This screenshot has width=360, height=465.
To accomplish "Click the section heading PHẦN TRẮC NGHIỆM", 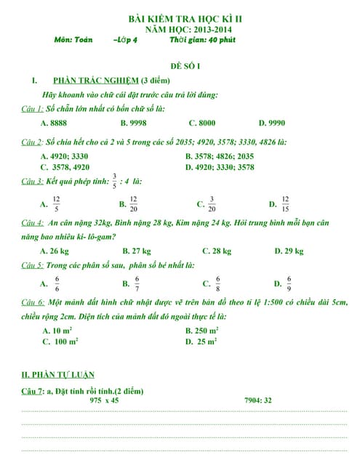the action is coord(95,80).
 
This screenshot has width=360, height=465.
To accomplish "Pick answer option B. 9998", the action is coord(133,124).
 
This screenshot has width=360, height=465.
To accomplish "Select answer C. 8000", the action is coord(201,124).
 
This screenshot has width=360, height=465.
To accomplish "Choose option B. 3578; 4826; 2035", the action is coord(220,155).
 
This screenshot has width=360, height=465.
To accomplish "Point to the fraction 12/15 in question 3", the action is coord(285,203).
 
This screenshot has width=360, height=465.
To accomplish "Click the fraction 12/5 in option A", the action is coord(57,203).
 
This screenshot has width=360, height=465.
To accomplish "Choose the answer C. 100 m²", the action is coord(60,341).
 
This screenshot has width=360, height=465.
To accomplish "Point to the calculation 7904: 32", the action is coord(258,400).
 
